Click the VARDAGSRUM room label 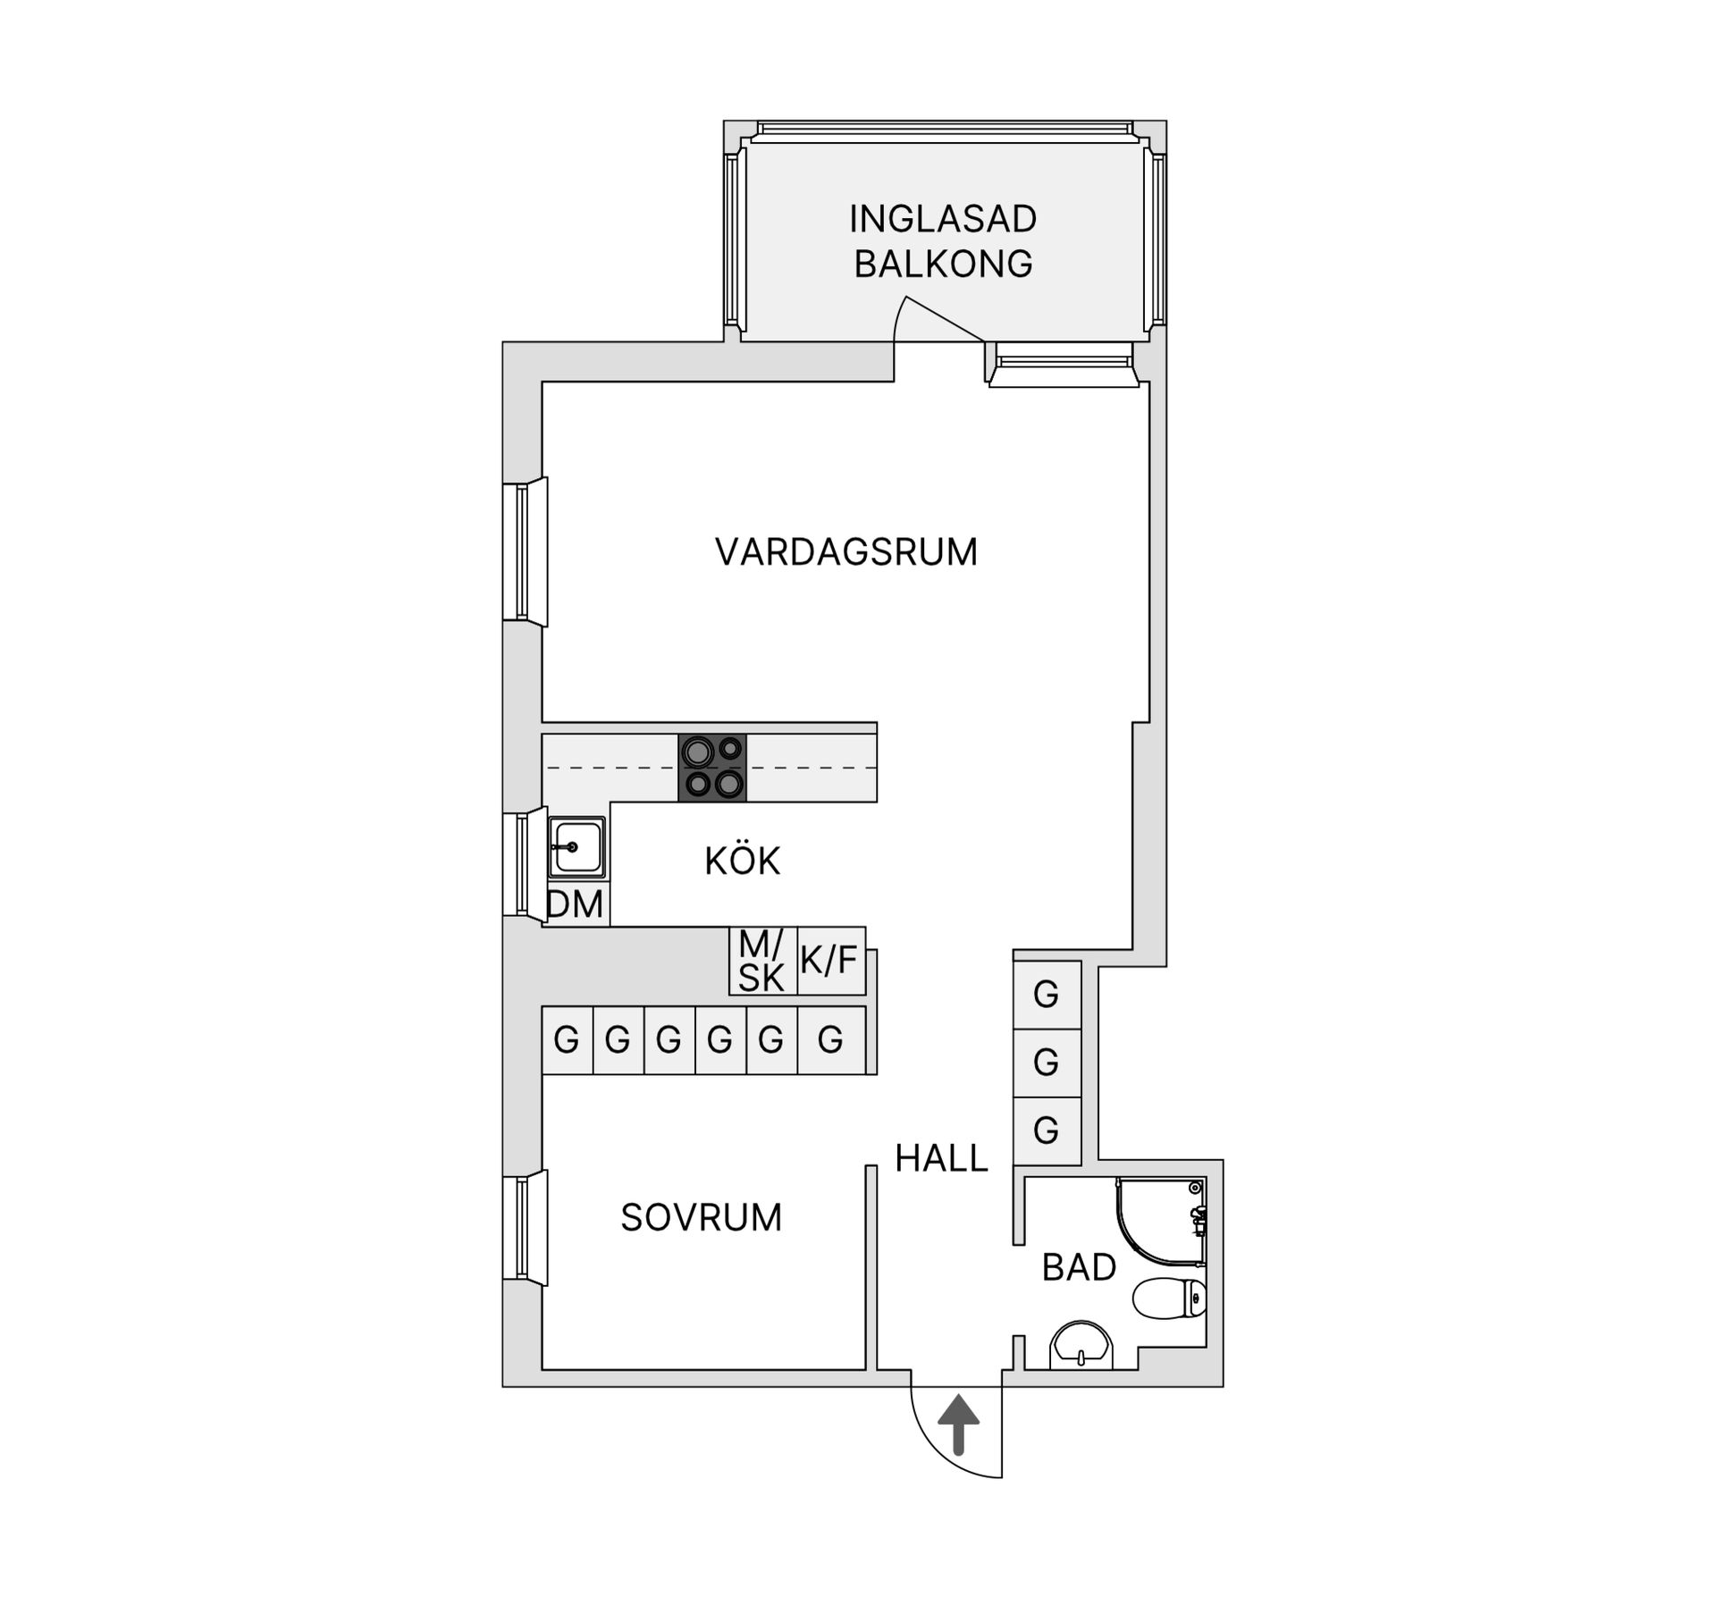click(x=845, y=551)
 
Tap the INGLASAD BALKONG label click(x=943, y=241)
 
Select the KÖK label click(x=742, y=862)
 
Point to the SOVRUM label click(x=701, y=1217)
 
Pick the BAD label click(x=1079, y=1267)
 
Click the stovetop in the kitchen click(x=712, y=768)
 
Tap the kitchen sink click(x=576, y=846)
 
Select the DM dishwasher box click(x=576, y=905)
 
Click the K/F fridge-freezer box click(x=830, y=961)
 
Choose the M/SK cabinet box click(x=762, y=961)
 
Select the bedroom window click(x=523, y=1228)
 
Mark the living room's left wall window click(x=523, y=551)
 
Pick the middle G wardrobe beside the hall click(x=1047, y=1063)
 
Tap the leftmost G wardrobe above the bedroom click(x=567, y=1039)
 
